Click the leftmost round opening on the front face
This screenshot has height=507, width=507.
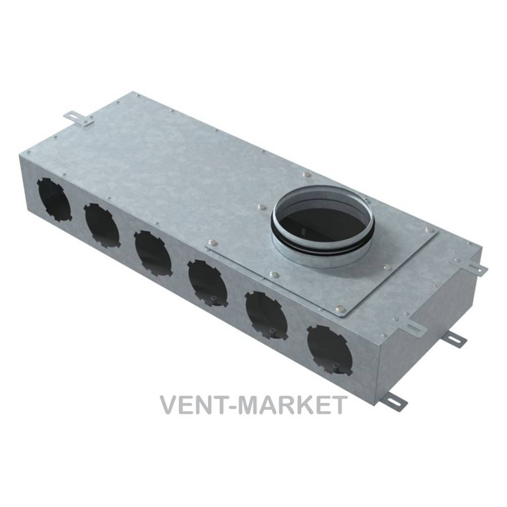(x=54, y=199)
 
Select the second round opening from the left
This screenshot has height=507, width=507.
(x=102, y=226)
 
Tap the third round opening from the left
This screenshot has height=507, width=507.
(x=153, y=253)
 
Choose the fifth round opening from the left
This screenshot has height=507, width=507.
(x=267, y=315)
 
